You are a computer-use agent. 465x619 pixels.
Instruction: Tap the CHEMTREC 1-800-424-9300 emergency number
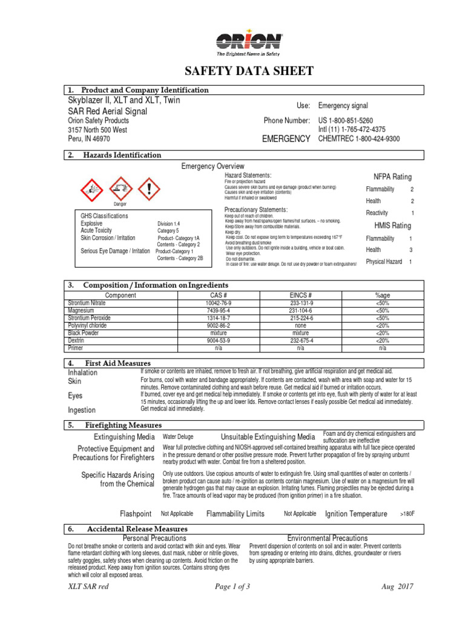coord(359,138)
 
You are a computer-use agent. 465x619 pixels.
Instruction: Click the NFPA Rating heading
coord(392,177)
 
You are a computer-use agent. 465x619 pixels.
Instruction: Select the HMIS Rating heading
coord(392,225)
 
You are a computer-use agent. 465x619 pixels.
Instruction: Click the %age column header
coord(382,295)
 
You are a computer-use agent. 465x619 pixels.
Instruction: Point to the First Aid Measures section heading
coord(117,363)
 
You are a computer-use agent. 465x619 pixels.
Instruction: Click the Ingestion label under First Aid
coord(82,410)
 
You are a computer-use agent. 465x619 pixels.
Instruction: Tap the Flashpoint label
coord(136,514)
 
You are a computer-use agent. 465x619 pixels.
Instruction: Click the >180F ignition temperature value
coord(407,514)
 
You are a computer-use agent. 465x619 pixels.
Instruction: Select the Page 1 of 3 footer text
coord(232,604)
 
